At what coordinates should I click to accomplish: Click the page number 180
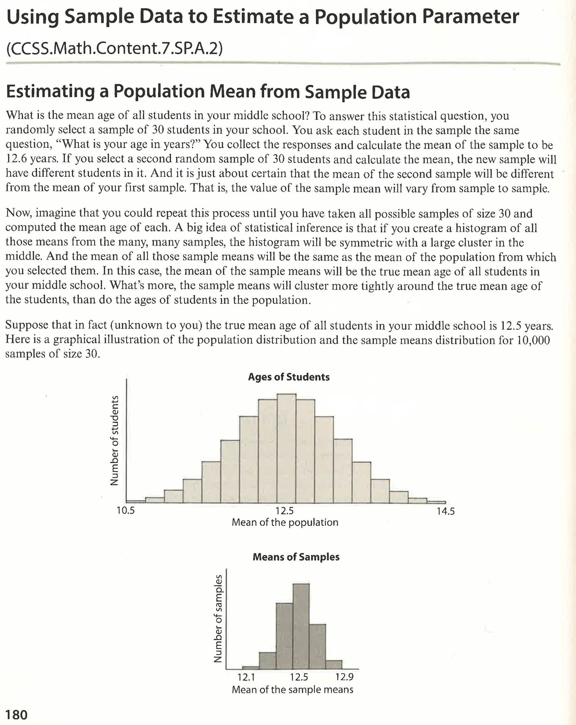[x=17, y=715]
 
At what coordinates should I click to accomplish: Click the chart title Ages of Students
[x=289, y=377]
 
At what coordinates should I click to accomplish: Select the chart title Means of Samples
[x=296, y=557]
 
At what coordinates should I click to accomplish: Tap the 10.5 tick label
[x=126, y=511]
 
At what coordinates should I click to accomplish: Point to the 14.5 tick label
[x=445, y=511]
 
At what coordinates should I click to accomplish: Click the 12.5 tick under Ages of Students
[x=285, y=511]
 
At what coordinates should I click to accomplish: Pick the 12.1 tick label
[x=246, y=677]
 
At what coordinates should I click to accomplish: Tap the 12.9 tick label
[x=344, y=677]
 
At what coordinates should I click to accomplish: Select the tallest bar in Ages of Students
[x=286, y=448]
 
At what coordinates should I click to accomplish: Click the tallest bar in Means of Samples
[x=301, y=626]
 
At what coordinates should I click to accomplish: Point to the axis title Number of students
[x=114, y=440]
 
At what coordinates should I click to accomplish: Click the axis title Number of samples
[x=218, y=618]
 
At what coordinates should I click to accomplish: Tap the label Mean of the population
[x=285, y=523]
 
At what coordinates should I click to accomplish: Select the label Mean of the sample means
[x=293, y=689]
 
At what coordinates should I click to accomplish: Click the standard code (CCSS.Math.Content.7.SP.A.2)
[x=114, y=49]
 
